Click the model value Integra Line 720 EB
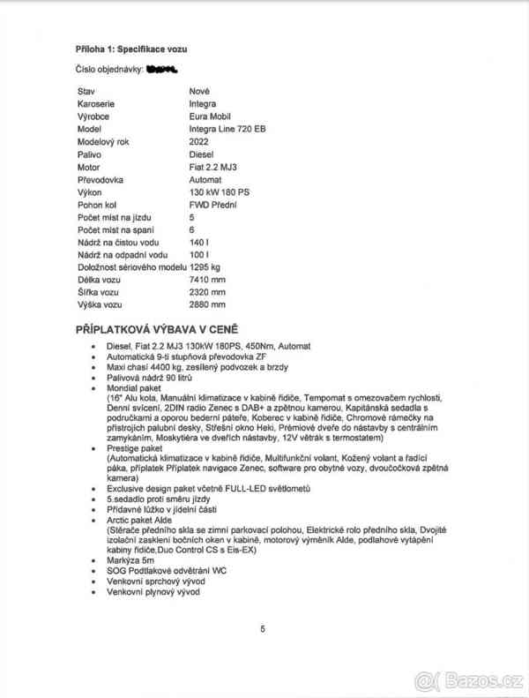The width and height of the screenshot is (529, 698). [x=227, y=128]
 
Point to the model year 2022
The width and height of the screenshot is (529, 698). [x=199, y=140]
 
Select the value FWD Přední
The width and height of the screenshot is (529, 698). [x=214, y=204]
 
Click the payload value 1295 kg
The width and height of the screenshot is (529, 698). [x=205, y=266]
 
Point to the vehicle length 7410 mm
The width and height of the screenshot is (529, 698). [x=207, y=279]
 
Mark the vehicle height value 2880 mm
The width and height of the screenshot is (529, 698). [x=207, y=304]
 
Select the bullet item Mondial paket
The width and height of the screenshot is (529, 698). [x=134, y=386]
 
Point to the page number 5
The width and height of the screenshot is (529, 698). [x=263, y=628]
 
